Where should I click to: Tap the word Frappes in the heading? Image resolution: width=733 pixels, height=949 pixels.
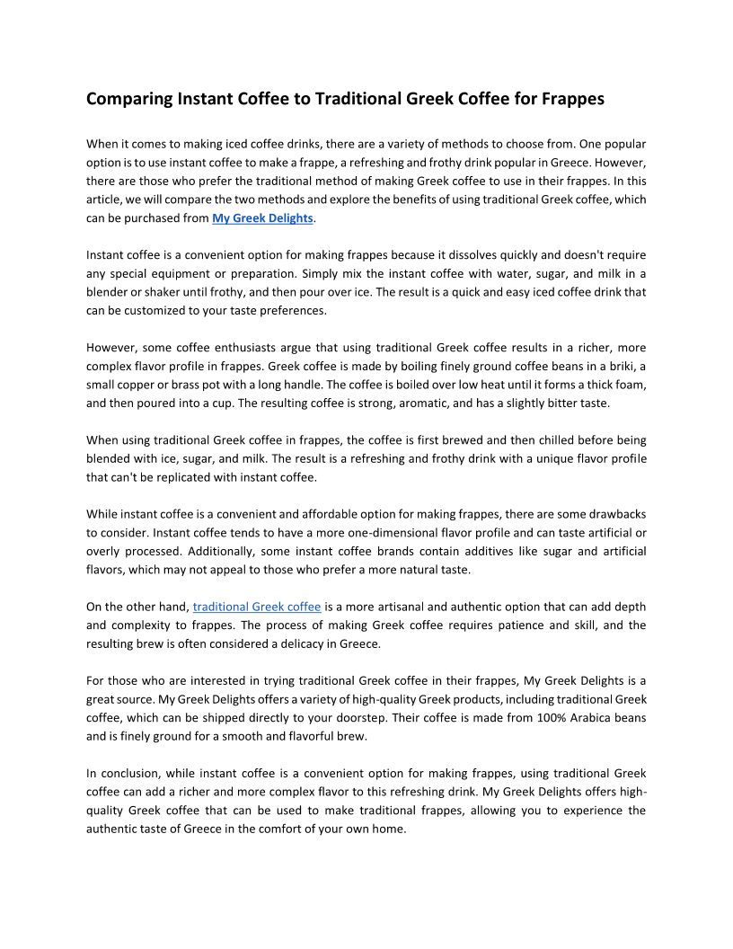572,99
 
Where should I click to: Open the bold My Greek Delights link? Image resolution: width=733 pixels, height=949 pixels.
262,218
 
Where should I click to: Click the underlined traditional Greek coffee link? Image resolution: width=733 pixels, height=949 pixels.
257,607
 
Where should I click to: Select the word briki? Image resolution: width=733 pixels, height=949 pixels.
622,366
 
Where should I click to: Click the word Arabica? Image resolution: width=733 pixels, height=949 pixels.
597,717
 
